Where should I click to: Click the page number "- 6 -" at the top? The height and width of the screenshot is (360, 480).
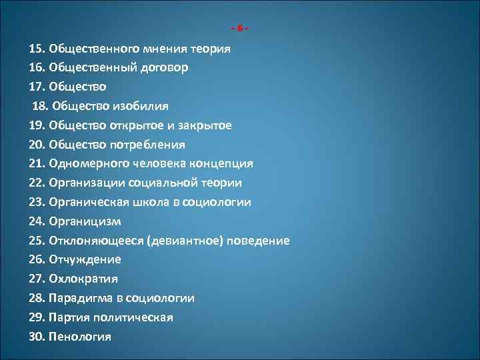(x=240, y=29)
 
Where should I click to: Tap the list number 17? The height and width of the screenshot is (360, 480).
(x=37, y=87)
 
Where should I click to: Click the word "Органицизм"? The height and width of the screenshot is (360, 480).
(x=85, y=221)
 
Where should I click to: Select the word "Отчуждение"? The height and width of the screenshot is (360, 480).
(x=85, y=259)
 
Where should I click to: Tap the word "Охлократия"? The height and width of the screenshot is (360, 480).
(x=83, y=279)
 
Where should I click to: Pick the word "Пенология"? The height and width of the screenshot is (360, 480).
(x=80, y=337)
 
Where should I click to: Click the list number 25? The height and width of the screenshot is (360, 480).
(x=37, y=241)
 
